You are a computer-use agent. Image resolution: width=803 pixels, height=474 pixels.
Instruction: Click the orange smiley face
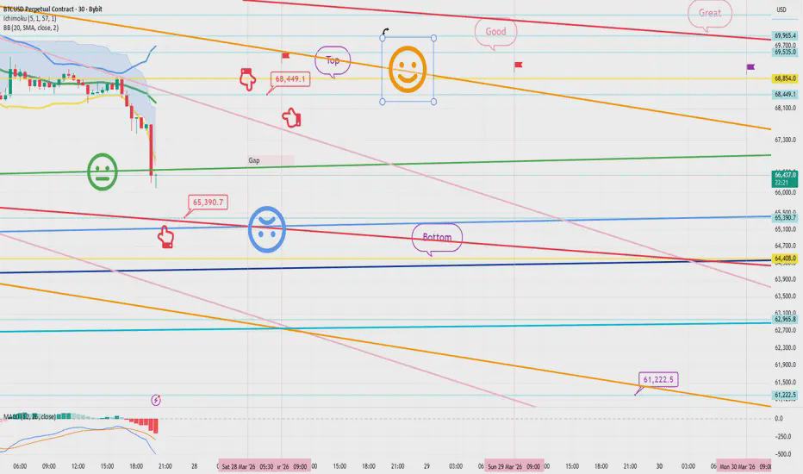pos(408,69)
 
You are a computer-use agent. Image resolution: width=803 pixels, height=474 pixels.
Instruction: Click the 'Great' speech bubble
pos(710,13)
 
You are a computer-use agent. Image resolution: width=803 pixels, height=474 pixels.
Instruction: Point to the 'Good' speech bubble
pos(496,32)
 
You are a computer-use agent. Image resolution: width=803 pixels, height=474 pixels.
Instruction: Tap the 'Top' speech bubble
pos(333,60)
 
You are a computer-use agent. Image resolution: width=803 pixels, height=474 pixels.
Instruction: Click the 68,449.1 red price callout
pos(291,78)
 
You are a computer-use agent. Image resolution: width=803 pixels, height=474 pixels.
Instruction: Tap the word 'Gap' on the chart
pos(254,160)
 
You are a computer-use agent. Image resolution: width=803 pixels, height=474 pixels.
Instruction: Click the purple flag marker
pos(750,66)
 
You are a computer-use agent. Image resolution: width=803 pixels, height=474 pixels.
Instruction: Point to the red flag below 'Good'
pos(519,65)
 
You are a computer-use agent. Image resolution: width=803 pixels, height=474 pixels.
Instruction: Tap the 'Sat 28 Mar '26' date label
pos(240,465)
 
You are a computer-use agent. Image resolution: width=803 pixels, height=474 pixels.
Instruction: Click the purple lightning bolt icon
pos(156,399)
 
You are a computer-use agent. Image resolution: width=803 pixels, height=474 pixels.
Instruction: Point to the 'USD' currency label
pos(782,10)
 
